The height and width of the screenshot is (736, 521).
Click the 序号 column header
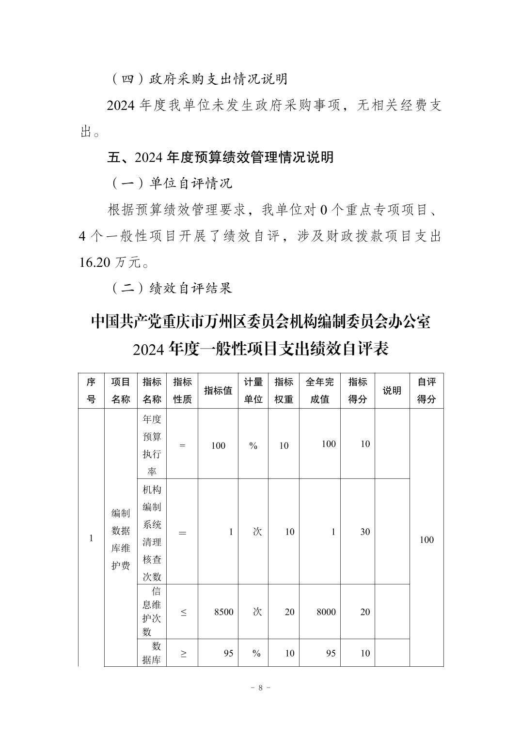point(91,390)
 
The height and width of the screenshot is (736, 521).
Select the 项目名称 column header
point(121,390)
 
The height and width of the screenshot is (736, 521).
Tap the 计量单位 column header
point(253,390)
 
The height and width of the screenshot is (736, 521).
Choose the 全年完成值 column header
point(319,390)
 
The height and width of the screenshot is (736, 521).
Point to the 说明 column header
point(392,390)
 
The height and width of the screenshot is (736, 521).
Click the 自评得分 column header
point(426,390)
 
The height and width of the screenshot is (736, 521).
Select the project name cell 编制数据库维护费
point(121,539)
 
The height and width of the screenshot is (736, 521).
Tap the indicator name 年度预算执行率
point(152,445)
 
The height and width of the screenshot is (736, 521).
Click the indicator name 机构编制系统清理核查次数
point(152,533)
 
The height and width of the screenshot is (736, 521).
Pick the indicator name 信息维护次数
point(152,612)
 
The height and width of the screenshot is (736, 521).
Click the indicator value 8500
point(223,612)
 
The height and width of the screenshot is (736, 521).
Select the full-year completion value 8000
point(326,612)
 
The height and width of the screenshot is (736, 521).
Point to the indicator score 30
point(365,532)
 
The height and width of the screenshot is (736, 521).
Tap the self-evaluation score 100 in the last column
point(426,540)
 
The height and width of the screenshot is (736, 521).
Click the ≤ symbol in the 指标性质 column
point(183,613)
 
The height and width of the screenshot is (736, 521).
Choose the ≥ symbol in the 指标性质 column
point(183,654)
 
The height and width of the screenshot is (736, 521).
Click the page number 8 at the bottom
point(260,688)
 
